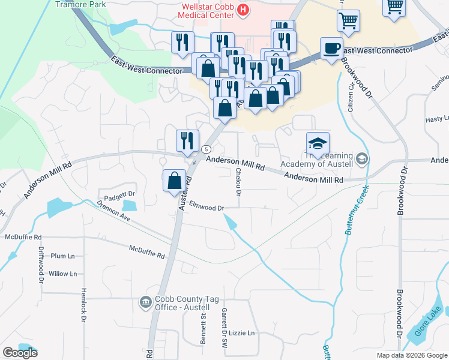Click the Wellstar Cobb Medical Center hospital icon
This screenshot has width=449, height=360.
(x=243, y=10)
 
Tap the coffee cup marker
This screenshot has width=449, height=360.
(x=331, y=49)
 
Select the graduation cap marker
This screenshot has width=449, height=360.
(x=318, y=143)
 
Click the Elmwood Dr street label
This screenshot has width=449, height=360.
(x=206, y=207)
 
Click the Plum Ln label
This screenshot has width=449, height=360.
(x=62, y=256)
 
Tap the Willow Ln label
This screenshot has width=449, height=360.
(x=63, y=274)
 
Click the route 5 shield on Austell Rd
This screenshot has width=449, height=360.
(x=206, y=149)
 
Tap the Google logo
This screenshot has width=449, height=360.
(x=20, y=353)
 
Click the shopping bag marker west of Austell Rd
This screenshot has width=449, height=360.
(x=174, y=180)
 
